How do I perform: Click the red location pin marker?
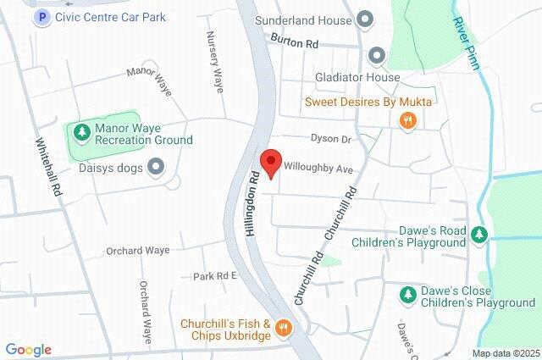(x=270, y=162)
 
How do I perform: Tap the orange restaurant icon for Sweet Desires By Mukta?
(x=408, y=120)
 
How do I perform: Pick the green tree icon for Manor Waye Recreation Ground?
(x=81, y=131)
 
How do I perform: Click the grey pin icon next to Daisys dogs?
(x=156, y=167)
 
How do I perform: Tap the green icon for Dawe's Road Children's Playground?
(x=480, y=234)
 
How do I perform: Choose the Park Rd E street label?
(x=215, y=276)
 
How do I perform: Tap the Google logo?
(x=28, y=350)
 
